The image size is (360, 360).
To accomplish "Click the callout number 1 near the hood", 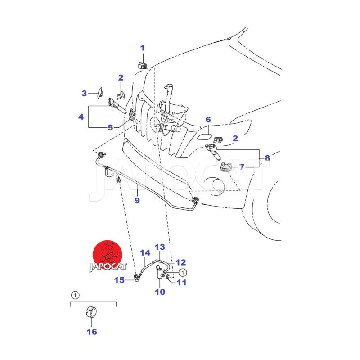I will click(x=143, y=48).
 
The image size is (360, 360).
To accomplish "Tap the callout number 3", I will click(x=84, y=94).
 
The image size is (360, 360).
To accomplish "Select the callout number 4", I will click(x=81, y=117).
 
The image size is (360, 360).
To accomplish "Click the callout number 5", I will click(x=110, y=127).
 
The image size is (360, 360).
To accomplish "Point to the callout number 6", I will click(x=208, y=120).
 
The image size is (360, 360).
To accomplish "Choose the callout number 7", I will click(x=242, y=167).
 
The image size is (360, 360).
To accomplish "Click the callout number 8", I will click(x=267, y=158).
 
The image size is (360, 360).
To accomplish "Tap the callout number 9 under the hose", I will click(x=137, y=200).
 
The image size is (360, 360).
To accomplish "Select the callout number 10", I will click(x=160, y=292).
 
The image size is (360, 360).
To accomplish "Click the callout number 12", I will click(x=180, y=262).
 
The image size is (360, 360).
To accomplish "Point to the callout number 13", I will click(x=160, y=247).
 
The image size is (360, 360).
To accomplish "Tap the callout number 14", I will click(x=144, y=253).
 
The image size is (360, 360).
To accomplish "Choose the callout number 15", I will click(x=119, y=280).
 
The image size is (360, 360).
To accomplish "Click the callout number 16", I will click(x=92, y=332).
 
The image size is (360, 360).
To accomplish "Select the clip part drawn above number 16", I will click(x=91, y=312).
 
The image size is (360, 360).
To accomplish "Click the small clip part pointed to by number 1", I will click(x=142, y=66).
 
